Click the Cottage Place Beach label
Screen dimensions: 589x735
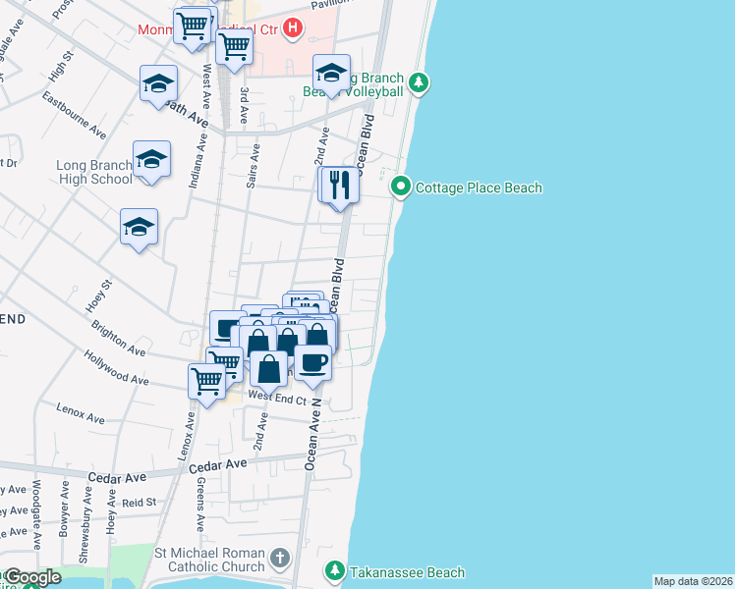[479, 187]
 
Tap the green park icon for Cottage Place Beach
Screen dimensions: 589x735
[401, 187]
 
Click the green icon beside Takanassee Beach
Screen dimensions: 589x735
[335, 571]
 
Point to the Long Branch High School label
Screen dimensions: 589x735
[94, 172]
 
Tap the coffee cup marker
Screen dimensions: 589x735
[312, 362]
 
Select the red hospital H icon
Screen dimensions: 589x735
[292, 28]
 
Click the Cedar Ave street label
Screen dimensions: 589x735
[116, 477]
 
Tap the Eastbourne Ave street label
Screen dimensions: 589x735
[75, 115]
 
